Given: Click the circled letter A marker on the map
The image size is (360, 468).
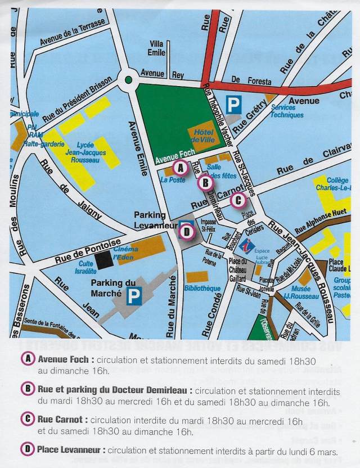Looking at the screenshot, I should click(x=180, y=166).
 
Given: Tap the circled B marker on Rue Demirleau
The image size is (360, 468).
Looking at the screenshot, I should click(x=205, y=182).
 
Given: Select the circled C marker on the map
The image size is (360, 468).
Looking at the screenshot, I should click(x=237, y=199).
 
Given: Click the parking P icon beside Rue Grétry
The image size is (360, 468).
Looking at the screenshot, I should click(x=233, y=104).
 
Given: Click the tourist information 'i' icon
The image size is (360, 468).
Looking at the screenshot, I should click(x=246, y=245).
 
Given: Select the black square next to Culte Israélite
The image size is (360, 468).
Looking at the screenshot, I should click(x=103, y=260).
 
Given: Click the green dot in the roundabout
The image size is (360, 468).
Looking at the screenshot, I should click(x=128, y=80).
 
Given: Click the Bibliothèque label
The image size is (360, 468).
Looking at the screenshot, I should click(x=202, y=288).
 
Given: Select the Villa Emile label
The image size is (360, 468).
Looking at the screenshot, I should click(x=157, y=48).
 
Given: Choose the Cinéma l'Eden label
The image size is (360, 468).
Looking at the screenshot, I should click(x=126, y=253).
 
